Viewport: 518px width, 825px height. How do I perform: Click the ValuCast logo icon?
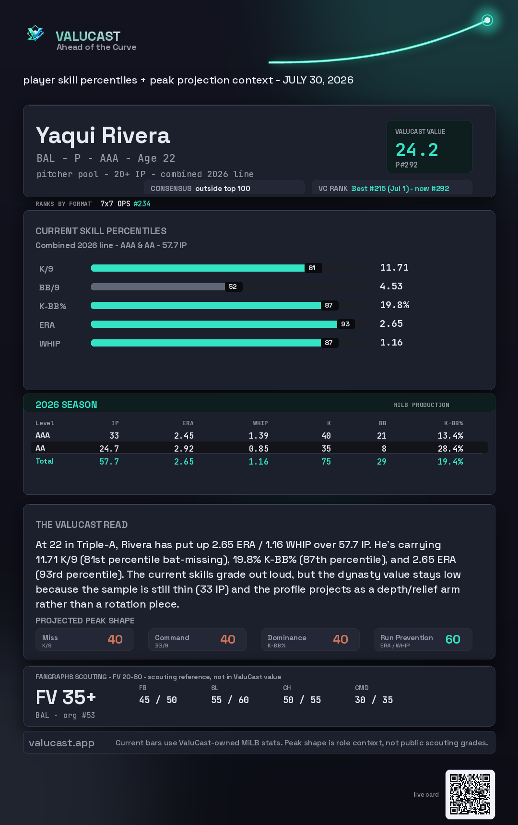(x=35, y=33)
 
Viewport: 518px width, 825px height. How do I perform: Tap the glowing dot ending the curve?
(x=487, y=20)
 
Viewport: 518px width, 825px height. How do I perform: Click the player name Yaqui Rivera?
(x=103, y=136)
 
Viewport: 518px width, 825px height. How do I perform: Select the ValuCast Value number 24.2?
(x=417, y=150)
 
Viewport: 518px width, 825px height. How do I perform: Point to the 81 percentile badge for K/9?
(x=312, y=268)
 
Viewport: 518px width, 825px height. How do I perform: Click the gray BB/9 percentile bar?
(x=158, y=287)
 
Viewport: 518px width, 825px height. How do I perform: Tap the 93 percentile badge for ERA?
(x=345, y=324)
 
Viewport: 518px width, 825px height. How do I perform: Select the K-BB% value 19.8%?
(x=395, y=305)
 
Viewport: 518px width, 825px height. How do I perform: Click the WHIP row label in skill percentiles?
(x=50, y=344)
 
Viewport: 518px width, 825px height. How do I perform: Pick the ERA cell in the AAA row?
(x=184, y=436)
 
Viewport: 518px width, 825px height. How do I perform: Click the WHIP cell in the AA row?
(x=259, y=449)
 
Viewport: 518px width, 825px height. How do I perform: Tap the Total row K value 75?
(x=326, y=462)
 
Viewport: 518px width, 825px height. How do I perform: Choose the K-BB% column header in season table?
(x=453, y=423)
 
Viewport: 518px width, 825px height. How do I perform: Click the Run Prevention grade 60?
(x=453, y=639)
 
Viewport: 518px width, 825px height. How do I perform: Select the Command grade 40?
(x=228, y=639)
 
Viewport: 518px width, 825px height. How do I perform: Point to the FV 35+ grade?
(x=66, y=697)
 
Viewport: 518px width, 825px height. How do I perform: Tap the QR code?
(x=470, y=794)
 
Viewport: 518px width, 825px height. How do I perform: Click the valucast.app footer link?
(x=61, y=743)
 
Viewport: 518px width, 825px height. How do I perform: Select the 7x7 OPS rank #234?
(x=142, y=203)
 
